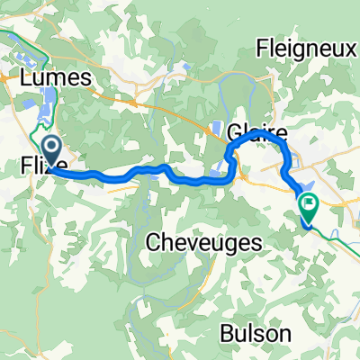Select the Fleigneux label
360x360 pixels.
tap(307, 48)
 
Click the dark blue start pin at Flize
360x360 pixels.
tap(50, 147)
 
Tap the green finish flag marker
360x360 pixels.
tap(309, 206)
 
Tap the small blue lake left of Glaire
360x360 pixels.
tap(217, 129)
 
